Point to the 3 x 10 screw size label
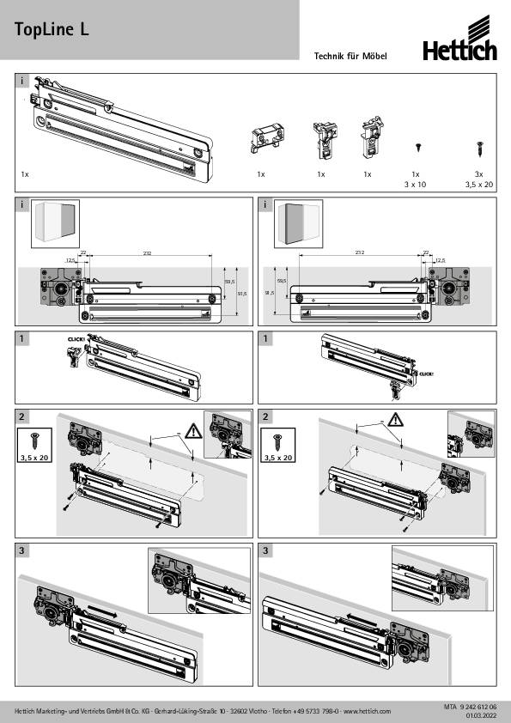point(417,184)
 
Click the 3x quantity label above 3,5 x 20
point(478,174)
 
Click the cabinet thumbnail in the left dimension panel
point(54,224)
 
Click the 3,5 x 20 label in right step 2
point(279,459)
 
